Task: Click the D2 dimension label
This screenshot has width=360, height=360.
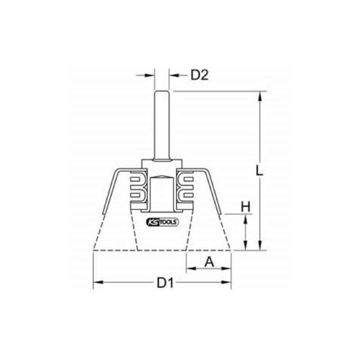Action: click(x=200, y=76)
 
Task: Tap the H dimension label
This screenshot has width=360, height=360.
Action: click(x=245, y=207)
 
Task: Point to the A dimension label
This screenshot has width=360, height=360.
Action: click(x=209, y=261)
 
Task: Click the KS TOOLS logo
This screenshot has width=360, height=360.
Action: click(x=162, y=222)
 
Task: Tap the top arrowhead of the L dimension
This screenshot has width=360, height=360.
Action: click(x=260, y=96)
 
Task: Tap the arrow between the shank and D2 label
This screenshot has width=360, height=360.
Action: click(x=175, y=76)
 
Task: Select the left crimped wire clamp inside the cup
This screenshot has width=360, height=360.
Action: click(x=137, y=188)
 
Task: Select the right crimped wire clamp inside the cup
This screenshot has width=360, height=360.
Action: click(x=185, y=188)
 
